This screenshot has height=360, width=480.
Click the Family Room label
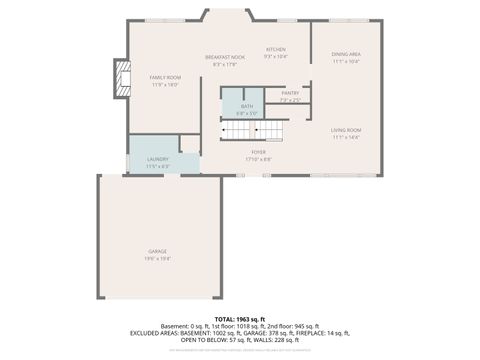coord(164,77)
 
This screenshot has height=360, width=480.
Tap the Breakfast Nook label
coord(225,57)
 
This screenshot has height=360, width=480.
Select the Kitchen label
coord(276,49)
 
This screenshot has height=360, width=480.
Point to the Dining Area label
coord(346,54)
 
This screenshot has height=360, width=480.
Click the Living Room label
coord(346,130)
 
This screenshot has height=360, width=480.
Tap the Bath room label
coord(246,106)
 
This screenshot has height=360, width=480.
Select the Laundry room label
coord(157,159)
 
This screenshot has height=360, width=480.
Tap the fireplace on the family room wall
coord(122,79)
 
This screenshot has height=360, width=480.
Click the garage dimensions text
coord(158,258)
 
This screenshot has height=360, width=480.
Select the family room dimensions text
coord(164,85)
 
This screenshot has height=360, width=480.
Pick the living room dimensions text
coord(346,138)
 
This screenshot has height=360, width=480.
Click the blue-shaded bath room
coord(240,103)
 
